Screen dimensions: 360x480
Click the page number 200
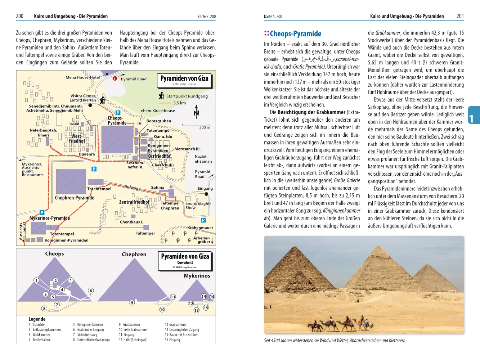pos(19,16)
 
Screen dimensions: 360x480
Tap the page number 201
pos(460,16)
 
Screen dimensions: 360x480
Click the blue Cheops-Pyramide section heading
pos(295,34)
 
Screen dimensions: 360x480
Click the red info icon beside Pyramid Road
pos(115,78)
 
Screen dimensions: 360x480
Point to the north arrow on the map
pos(196,112)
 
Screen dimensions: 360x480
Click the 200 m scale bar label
pos(205,127)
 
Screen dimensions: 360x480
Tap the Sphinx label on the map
pos(157,188)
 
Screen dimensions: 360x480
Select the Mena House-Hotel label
pos(82,77)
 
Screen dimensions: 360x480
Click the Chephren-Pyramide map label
pos(75,198)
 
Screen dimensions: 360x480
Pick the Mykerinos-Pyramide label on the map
pos(50,218)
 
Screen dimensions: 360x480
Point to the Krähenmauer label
pos(200,228)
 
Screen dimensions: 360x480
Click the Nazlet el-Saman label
pos(203,159)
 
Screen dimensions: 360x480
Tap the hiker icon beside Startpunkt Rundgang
pos(162,96)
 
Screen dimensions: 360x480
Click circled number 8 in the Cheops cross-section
pos(44,308)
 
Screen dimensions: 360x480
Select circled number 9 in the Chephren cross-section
pos(132,302)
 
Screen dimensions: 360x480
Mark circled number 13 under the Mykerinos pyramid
pos(196,310)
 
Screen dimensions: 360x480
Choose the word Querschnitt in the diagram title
pos(185,262)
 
